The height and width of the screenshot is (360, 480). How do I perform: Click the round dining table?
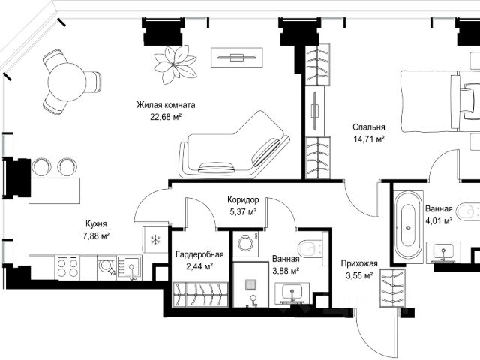tap(67, 82)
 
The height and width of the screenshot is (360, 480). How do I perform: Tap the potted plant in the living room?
tap(175, 65)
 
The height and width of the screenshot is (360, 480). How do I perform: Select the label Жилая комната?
tap(166, 105)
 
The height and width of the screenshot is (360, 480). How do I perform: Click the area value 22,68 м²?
tap(166, 117)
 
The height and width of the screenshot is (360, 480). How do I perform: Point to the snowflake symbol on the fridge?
tap(156, 239)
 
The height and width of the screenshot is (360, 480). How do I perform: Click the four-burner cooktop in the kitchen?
tap(67, 267)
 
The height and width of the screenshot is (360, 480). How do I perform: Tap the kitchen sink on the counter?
tap(130, 268)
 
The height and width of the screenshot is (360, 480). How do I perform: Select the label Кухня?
tap(96, 223)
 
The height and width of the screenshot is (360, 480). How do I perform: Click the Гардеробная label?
tap(199, 254)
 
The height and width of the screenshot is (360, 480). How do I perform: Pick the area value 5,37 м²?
tap(243, 211)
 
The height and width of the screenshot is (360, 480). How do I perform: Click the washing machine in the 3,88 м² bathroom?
tap(245, 244)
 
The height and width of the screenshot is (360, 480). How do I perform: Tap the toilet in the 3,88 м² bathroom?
tap(310, 248)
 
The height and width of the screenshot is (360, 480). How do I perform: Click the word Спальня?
tap(368, 127)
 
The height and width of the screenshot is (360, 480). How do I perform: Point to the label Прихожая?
tap(359, 263)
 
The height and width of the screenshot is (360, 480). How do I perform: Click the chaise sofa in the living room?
tap(234, 145)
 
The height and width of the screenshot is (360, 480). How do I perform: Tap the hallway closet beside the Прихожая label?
tap(393, 288)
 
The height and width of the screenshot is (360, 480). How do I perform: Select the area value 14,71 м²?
tap(369, 139)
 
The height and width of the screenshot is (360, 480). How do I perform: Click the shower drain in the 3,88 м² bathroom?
tap(250, 285)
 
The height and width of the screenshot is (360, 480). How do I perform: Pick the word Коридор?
tap(243, 200)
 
